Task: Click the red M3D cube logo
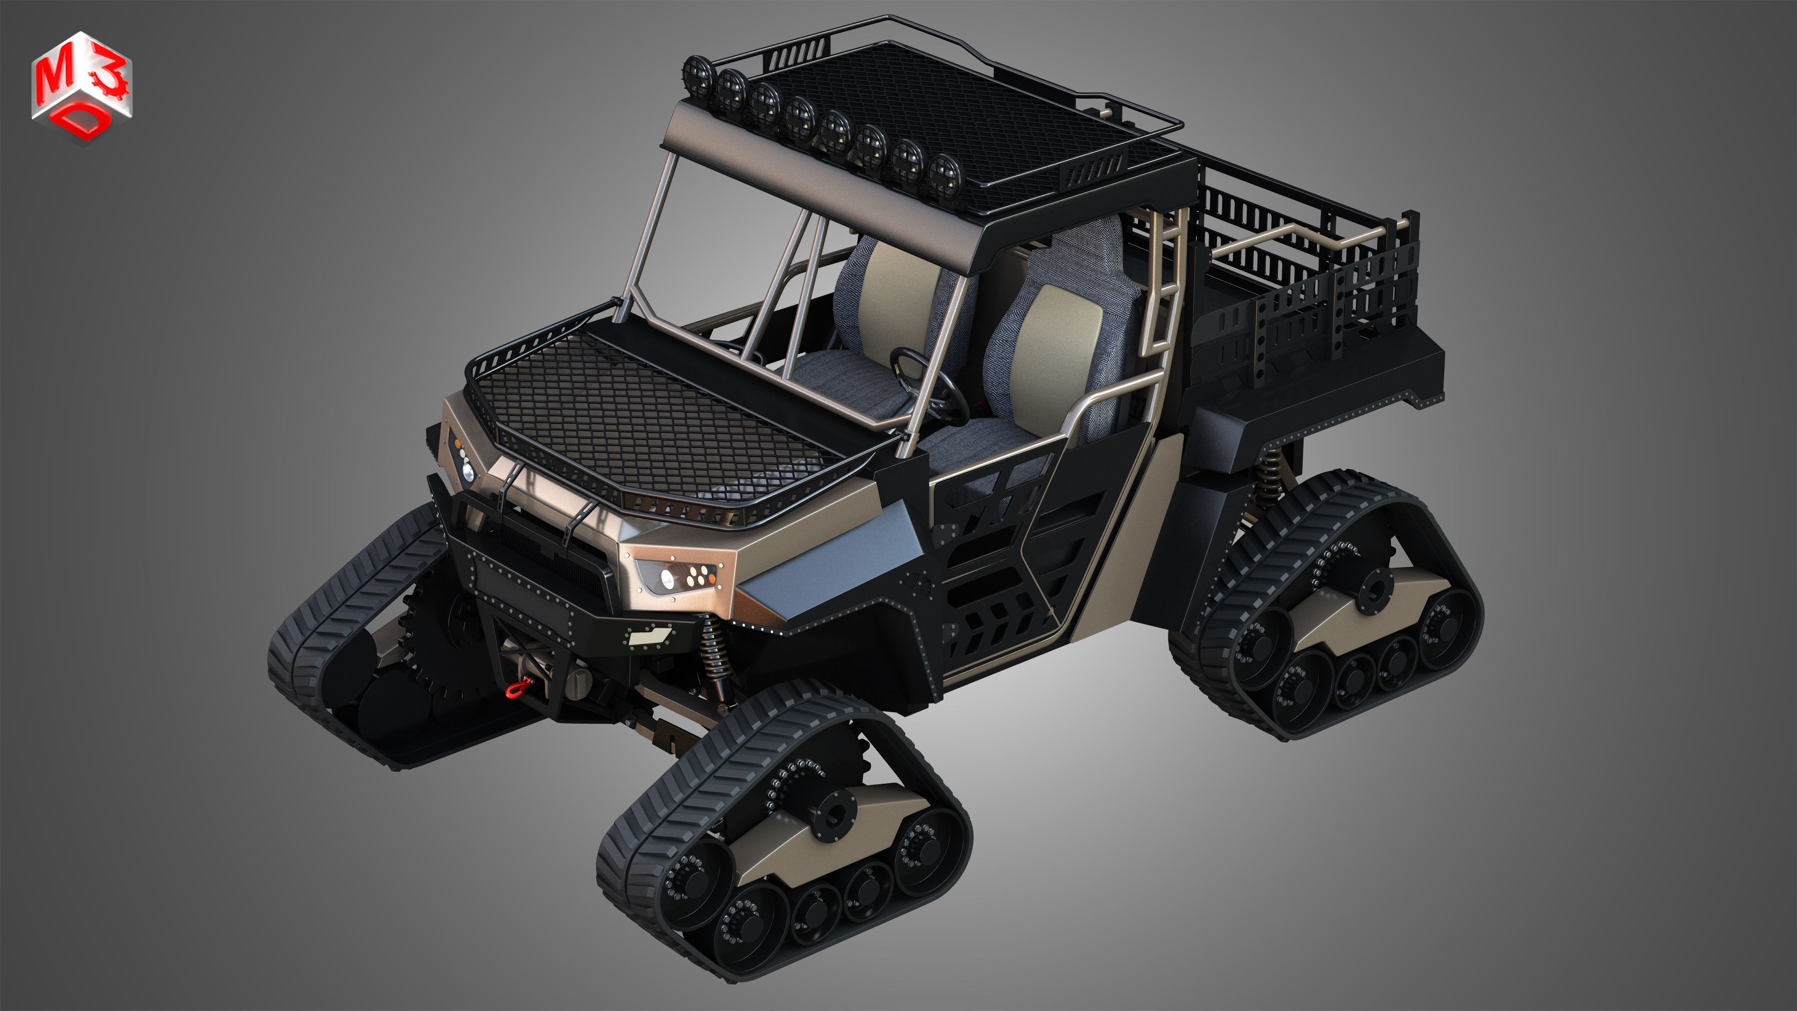point(81,87)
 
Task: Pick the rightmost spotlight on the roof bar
point(945,174)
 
